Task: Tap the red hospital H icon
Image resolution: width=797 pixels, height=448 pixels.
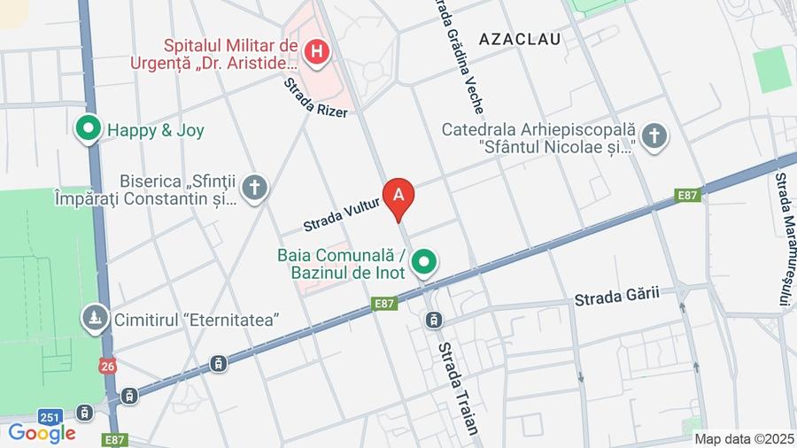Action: click(316, 52)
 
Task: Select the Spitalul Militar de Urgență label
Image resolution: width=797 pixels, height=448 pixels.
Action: click(231, 53)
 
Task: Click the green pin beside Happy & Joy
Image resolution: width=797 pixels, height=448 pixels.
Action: click(88, 130)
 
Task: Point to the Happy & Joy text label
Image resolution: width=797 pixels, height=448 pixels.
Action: click(156, 131)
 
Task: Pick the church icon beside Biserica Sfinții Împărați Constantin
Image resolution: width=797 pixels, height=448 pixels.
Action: click(255, 189)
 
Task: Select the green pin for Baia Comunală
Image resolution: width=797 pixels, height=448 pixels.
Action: click(426, 262)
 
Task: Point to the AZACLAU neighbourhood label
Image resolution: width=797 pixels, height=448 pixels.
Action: click(520, 39)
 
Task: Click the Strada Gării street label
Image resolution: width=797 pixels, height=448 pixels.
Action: click(617, 297)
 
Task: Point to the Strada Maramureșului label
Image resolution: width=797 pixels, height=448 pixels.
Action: click(783, 239)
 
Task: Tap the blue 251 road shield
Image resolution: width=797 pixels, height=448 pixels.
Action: click(50, 416)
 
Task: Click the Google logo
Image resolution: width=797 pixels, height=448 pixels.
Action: click(42, 433)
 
